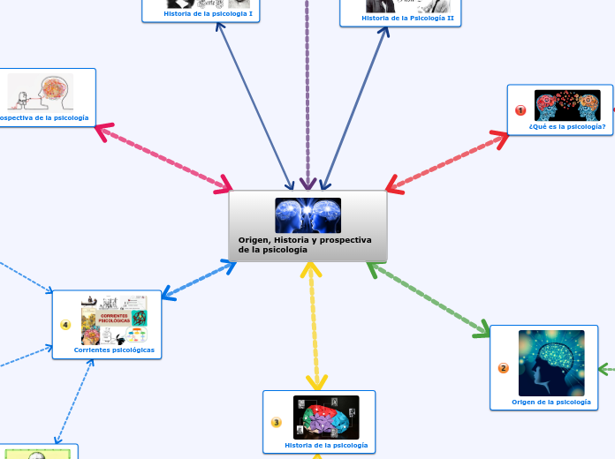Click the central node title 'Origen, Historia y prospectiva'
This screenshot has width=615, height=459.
304,240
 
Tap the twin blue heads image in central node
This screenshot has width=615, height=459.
307,215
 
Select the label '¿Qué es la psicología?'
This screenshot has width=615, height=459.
567,126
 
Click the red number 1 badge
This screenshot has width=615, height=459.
520,110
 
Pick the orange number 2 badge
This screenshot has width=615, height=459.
504,368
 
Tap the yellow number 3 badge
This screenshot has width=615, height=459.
276,423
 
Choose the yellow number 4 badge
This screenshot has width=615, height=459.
65,325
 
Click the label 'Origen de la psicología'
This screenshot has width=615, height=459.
550,402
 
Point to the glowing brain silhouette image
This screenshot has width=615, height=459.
550,363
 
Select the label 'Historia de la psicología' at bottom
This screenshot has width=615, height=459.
326,446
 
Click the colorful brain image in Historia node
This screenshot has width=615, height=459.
326,417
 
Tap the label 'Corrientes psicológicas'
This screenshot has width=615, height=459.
114,350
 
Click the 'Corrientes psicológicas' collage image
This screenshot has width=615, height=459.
114,320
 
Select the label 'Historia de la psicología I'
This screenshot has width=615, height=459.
208,14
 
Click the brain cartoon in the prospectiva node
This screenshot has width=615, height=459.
41,91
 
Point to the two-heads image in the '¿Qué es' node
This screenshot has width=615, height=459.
567,105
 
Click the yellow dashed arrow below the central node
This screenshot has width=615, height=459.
313,327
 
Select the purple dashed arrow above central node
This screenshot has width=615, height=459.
307,88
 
